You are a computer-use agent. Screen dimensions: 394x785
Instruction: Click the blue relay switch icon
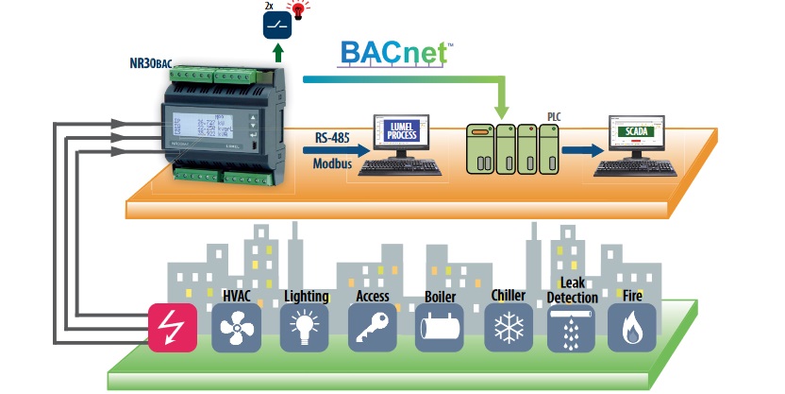pos(276,24)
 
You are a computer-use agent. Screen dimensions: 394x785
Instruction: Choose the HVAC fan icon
pos(235,328)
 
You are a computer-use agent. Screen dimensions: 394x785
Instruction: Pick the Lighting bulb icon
pos(305,328)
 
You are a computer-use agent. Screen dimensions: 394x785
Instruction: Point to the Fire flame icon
pos(631,328)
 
